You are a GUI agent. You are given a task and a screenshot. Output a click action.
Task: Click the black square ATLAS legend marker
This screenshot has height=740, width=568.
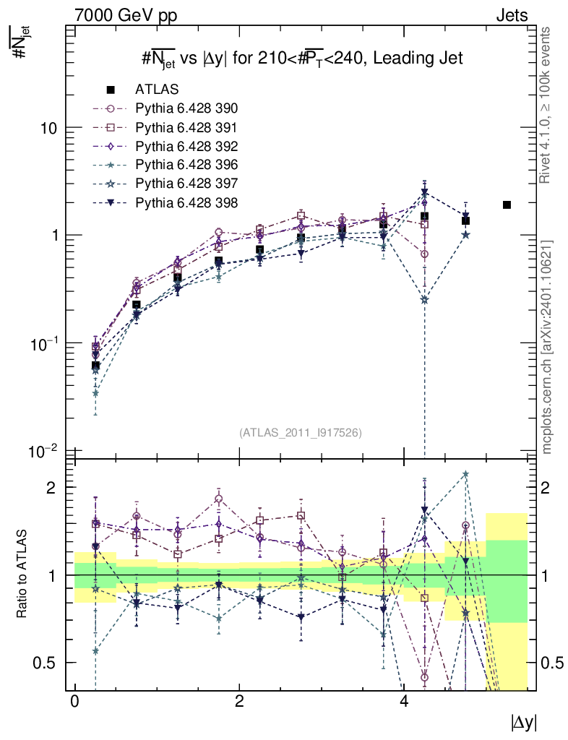coord(111,90)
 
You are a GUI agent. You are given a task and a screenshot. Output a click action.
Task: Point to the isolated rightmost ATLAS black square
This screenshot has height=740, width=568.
coord(507,205)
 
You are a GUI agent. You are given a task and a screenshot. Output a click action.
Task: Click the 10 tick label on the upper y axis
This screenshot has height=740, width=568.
coord(49,128)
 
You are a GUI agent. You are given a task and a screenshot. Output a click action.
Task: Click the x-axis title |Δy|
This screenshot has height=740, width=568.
coord(524,723)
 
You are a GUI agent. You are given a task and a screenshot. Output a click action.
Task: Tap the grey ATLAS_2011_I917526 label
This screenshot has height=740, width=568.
coord(301,432)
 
